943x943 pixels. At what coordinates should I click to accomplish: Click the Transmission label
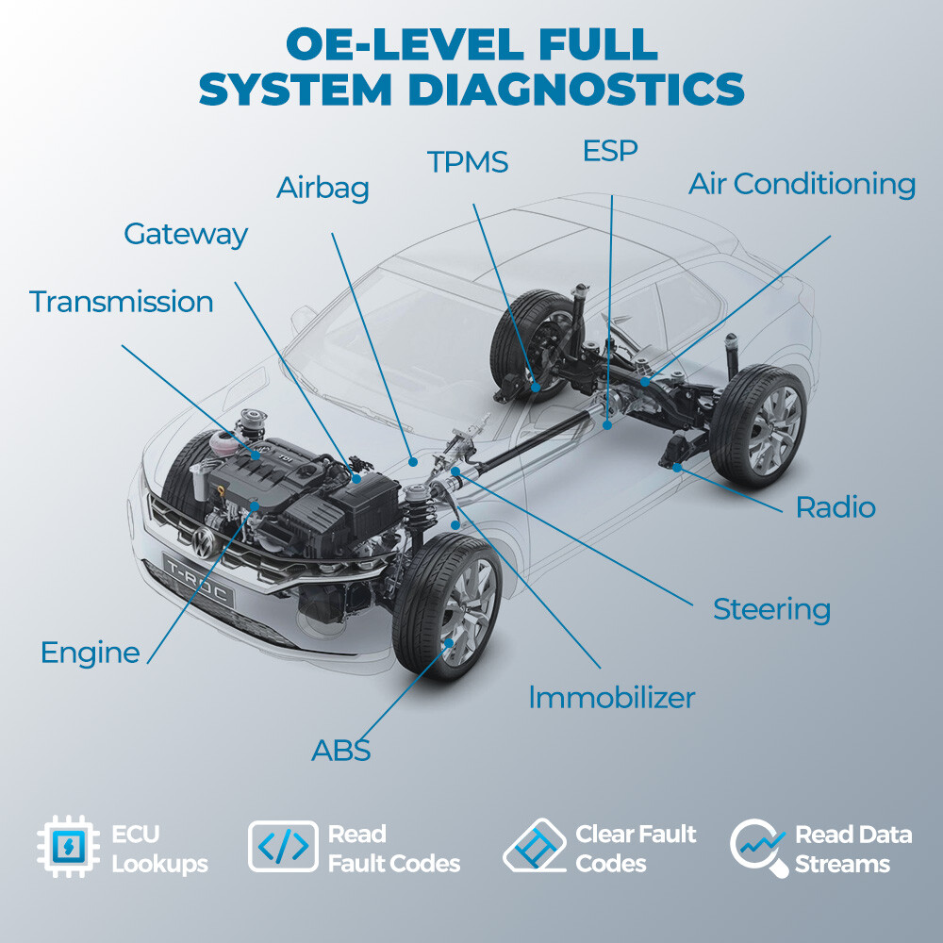122,302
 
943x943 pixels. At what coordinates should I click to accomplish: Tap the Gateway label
186,234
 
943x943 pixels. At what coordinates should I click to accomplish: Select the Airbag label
323,188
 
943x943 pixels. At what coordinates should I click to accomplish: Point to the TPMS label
468,162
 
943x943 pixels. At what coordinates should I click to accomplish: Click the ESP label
610,150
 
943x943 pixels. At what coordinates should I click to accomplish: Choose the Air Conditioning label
802,184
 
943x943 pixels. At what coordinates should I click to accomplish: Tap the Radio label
835,507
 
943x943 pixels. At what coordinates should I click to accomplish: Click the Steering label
771,610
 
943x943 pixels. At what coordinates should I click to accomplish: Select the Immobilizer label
612,698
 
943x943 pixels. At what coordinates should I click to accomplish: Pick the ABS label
340,750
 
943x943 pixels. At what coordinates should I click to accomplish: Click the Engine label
91,653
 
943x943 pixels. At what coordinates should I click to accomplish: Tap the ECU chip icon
67,847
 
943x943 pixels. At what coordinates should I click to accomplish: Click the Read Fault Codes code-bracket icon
283,846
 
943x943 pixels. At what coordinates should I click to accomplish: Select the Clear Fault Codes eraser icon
534,846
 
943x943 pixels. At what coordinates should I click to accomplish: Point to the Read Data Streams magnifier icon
758,847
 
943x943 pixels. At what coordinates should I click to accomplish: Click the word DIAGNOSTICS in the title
576,89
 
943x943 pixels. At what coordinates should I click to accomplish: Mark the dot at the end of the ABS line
448,643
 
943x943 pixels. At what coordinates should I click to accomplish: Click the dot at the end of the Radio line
676,468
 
